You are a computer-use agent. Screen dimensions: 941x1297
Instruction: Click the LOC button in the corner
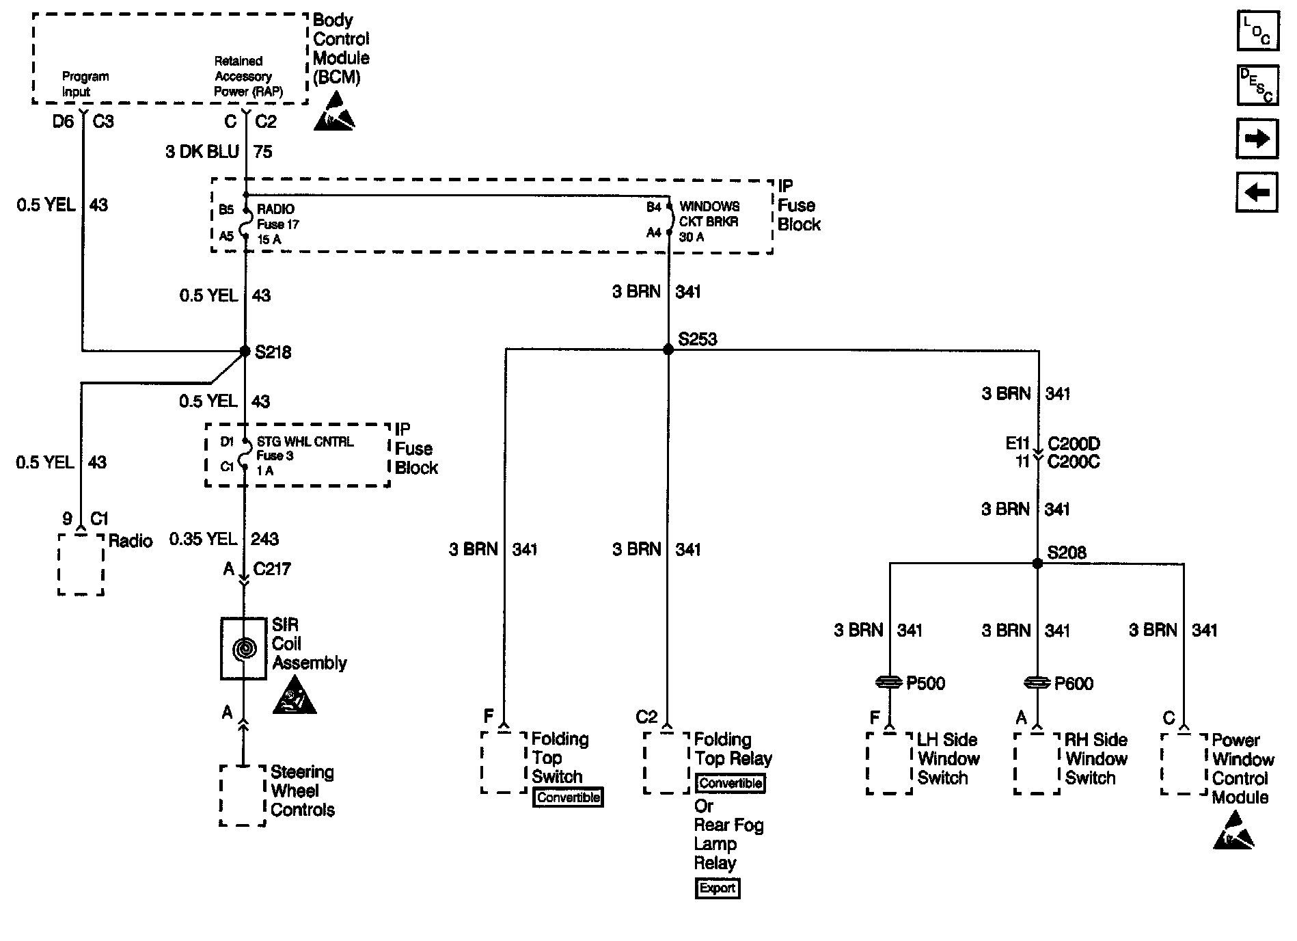pos(1257,31)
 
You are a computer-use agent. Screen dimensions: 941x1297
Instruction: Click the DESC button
pos(1257,85)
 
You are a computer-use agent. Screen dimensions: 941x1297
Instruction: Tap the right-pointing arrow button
pos(1257,139)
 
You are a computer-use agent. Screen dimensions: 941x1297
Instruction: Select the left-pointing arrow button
pos(1257,192)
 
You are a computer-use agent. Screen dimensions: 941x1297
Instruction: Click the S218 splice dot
pos(245,352)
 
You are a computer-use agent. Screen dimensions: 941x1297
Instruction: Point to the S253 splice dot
pos(668,349)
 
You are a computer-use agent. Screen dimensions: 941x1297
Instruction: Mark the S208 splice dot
pos(1037,564)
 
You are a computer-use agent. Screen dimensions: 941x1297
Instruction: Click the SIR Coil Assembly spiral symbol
pos(243,649)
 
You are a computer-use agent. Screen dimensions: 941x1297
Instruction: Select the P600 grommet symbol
pos(1037,682)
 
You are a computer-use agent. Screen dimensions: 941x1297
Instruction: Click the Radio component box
pos(81,564)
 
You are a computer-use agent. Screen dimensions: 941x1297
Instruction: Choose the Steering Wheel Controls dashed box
pos(243,795)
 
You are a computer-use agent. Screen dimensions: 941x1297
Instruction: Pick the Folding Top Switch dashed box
pos(504,763)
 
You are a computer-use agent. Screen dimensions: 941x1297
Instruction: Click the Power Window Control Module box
pos(1184,764)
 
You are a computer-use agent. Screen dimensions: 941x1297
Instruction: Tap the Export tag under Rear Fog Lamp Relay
pos(718,888)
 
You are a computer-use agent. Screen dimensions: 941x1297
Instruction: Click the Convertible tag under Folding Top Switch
pos(568,797)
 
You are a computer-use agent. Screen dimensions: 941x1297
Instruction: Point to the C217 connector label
pos(272,569)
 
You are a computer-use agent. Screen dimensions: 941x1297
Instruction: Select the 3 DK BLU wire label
pos(202,152)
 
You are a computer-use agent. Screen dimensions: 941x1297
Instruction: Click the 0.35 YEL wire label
pos(203,540)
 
